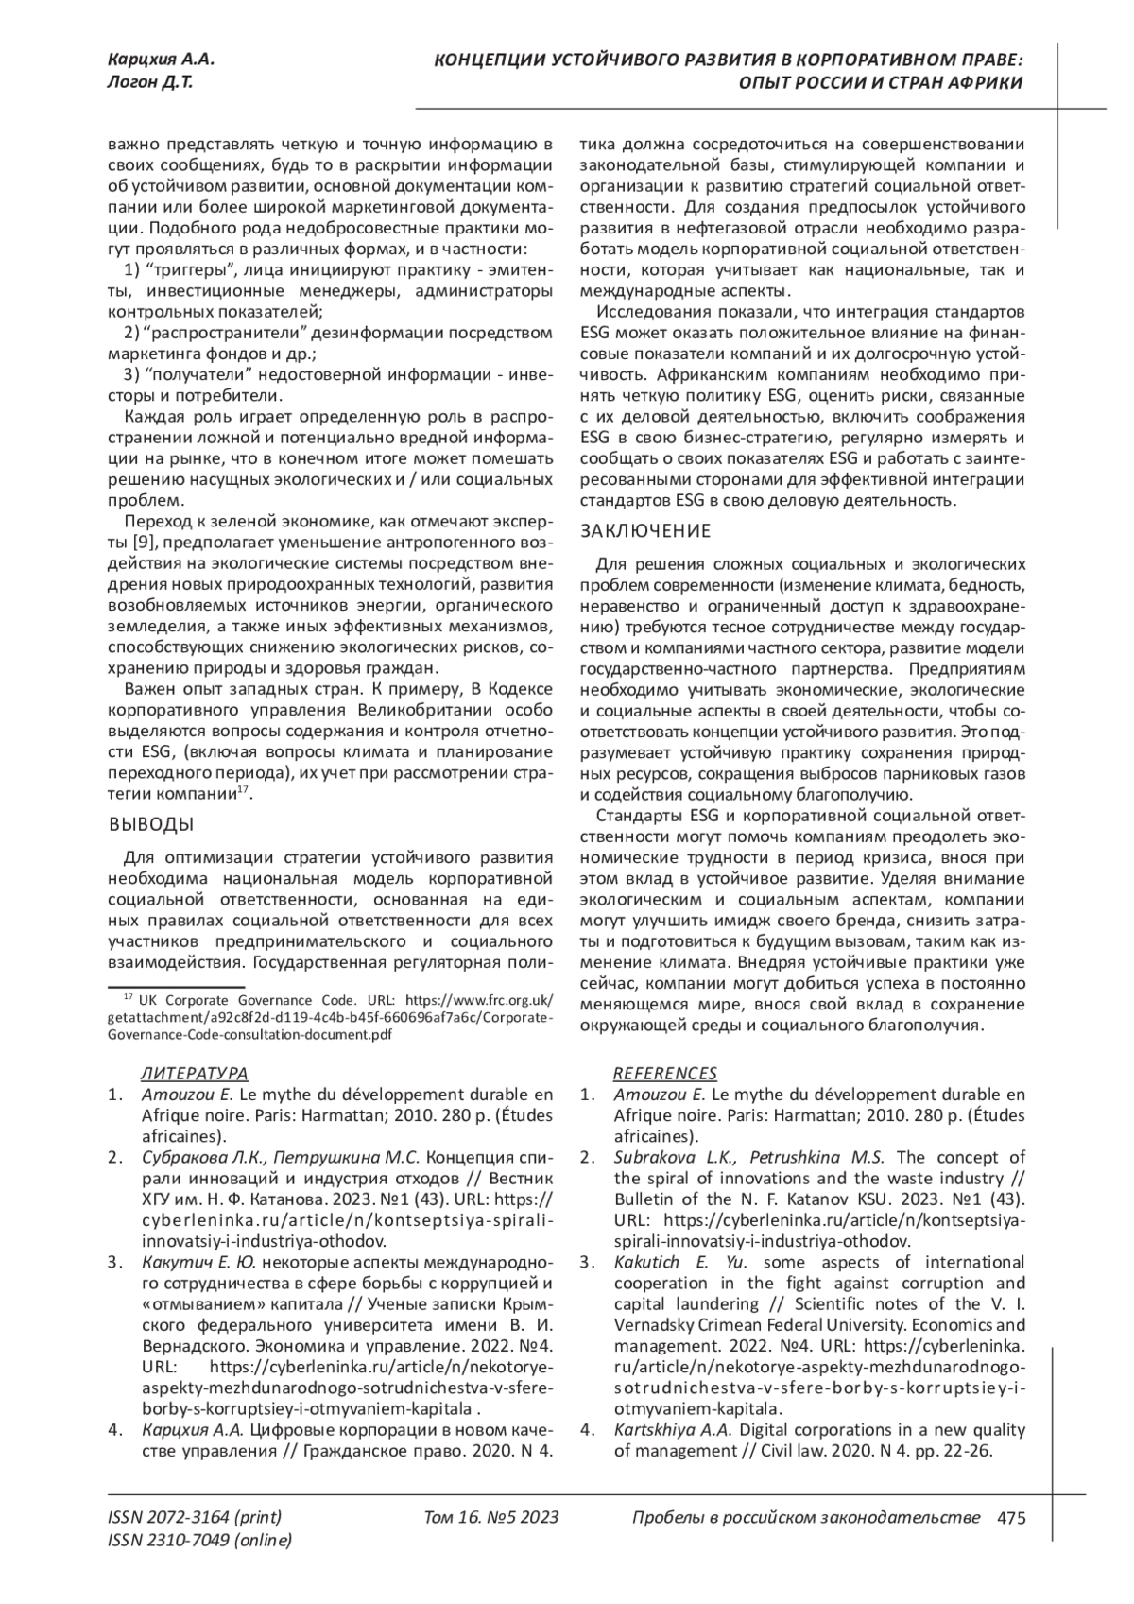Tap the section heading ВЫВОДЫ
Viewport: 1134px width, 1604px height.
(x=152, y=824)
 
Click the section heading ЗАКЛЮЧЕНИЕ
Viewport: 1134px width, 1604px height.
(x=644, y=531)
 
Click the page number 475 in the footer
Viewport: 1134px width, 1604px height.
(x=1011, y=1519)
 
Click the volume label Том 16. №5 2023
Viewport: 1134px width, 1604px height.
(x=491, y=1519)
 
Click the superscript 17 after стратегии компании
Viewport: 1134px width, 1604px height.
(x=243, y=788)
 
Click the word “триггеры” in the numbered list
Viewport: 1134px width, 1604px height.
(x=186, y=271)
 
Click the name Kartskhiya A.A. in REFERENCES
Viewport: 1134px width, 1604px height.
(x=674, y=1429)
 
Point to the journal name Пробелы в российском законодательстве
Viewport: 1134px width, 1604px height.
(x=804, y=1519)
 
